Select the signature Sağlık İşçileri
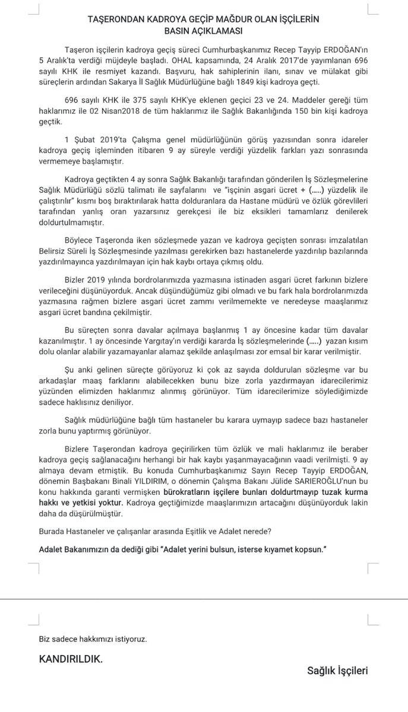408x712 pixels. click(x=337, y=671)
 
